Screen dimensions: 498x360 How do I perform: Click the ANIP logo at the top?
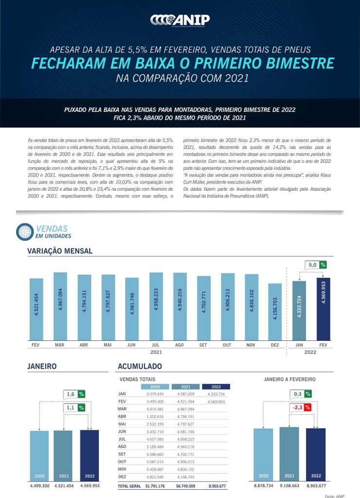click(180, 19)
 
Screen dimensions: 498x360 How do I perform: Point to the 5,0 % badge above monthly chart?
click(316, 265)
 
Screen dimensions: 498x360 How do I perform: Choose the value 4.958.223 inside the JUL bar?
click(156, 302)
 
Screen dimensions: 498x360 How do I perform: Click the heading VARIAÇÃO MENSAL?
click(60, 251)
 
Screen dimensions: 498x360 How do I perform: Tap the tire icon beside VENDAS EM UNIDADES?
click(24, 231)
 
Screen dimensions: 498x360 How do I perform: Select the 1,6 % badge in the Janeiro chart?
click(74, 394)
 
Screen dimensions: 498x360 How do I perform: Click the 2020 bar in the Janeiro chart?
click(39, 455)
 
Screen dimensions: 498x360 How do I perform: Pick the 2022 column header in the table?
click(216, 387)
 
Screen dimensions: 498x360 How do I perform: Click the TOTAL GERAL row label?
click(129, 486)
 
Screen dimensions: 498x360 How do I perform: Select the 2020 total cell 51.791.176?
click(154, 486)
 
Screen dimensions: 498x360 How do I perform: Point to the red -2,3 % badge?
click(301, 408)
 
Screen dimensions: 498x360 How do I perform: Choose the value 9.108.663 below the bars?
click(289, 486)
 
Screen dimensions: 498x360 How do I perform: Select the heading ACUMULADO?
click(140, 366)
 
